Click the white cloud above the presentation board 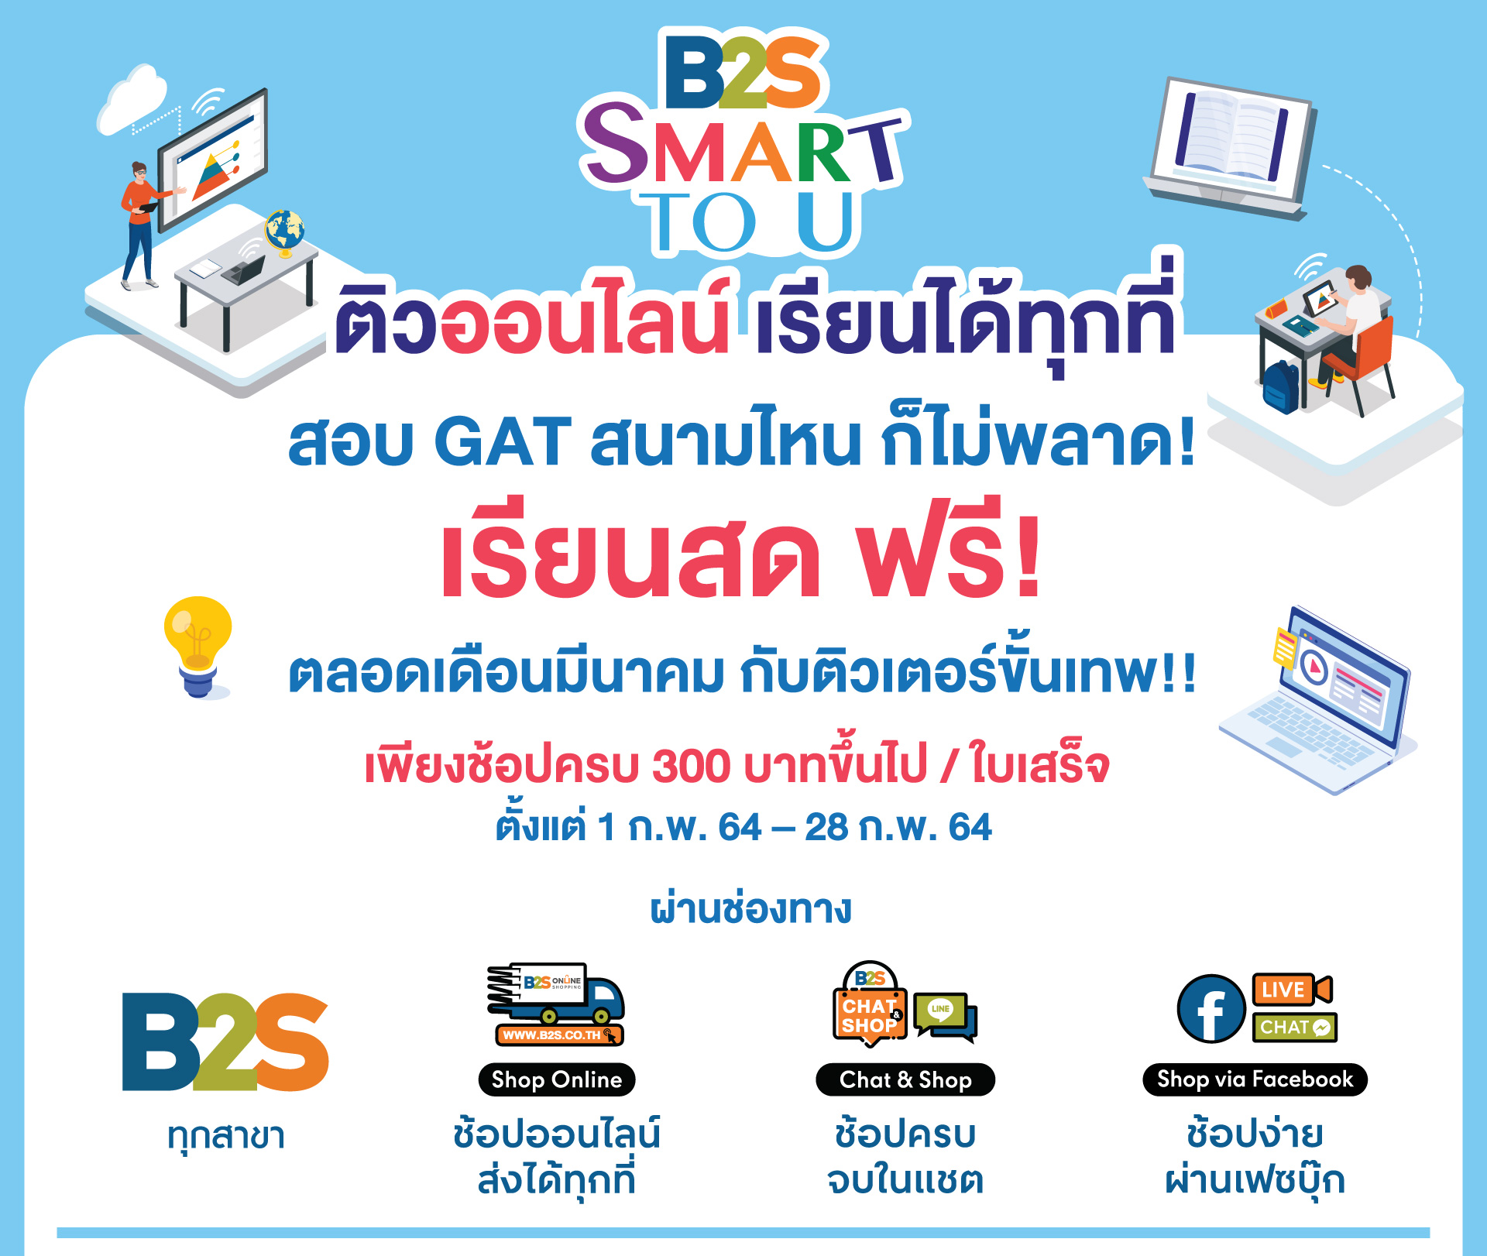tap(132, 99)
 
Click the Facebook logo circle tap(1211, 1008)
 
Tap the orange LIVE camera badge tap(1292, 989)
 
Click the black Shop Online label tap(557, 1079)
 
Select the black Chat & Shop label tap(905, 1079)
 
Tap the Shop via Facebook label tap(1255, 1079)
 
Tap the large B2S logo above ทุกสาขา tap(225, 1042)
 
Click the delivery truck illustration tap(555, 993)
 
